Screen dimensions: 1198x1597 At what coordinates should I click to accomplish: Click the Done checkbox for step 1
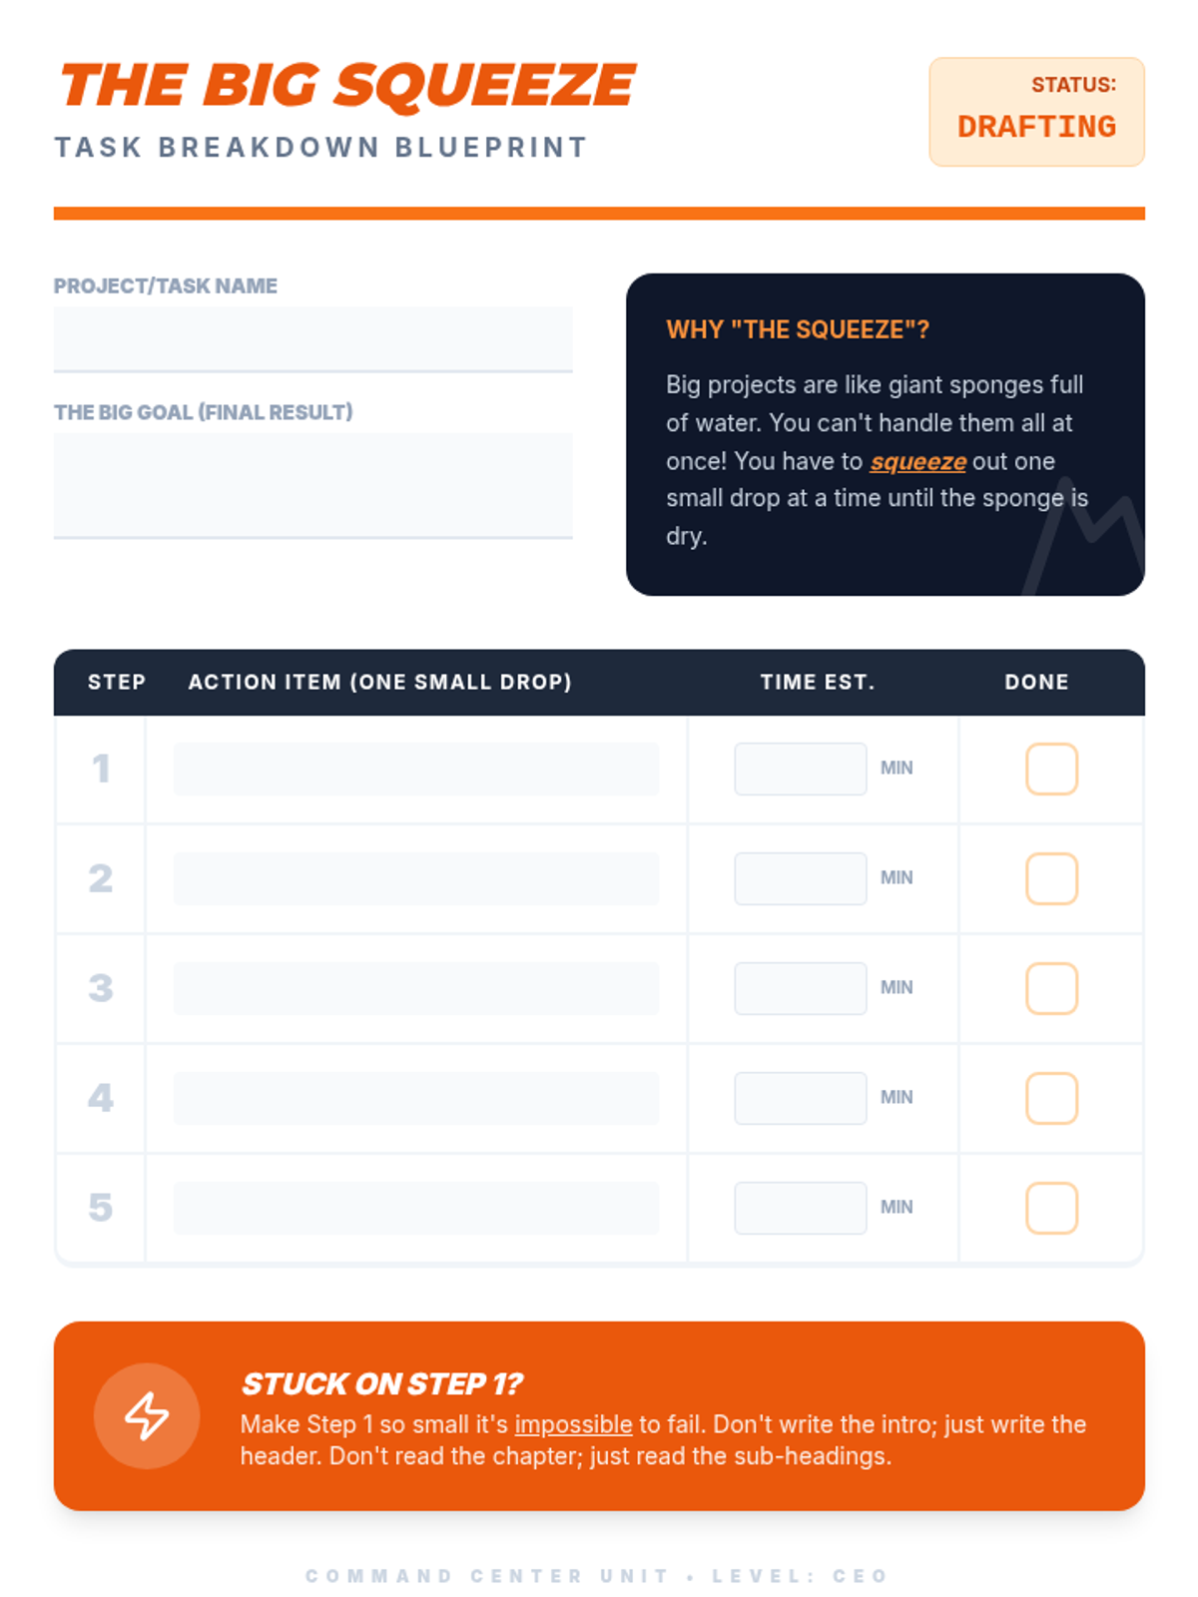tap(1051, 769)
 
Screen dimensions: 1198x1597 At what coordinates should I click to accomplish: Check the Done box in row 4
tap(1051, 1097)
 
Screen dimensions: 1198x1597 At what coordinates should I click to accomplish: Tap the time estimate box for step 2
tap(800, 878)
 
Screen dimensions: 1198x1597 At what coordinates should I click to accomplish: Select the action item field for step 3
tap(415, 988)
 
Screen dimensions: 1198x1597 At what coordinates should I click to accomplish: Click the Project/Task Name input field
tap(312, 339)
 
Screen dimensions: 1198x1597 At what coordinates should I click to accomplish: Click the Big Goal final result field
tap(312, 485)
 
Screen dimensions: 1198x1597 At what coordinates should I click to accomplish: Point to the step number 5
tap(101, 1207)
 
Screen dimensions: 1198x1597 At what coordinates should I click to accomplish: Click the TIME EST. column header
tap(817, 682)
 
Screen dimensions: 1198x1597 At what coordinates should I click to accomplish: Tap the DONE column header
tap(1036, 682)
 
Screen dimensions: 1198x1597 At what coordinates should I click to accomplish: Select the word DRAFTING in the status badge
tap(1036, 127)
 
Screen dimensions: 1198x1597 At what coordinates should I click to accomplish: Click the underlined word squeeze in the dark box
tap(917, 461)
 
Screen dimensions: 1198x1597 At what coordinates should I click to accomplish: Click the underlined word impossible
tap(573, 1424)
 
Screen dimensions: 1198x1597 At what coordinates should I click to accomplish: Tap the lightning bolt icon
tap(146, 1415)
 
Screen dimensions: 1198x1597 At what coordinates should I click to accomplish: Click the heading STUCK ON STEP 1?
tap(382, 1383)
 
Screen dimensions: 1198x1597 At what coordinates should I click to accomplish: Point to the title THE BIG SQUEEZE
tap(347, 86)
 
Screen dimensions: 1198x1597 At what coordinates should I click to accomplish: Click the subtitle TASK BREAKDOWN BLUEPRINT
tap(320, 147)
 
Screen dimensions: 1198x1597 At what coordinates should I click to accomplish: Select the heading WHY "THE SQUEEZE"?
tap(798, 329)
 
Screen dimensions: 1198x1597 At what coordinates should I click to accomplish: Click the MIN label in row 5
tap(897, 1207)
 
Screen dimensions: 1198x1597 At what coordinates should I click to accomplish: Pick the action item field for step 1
tap(415, 769)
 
